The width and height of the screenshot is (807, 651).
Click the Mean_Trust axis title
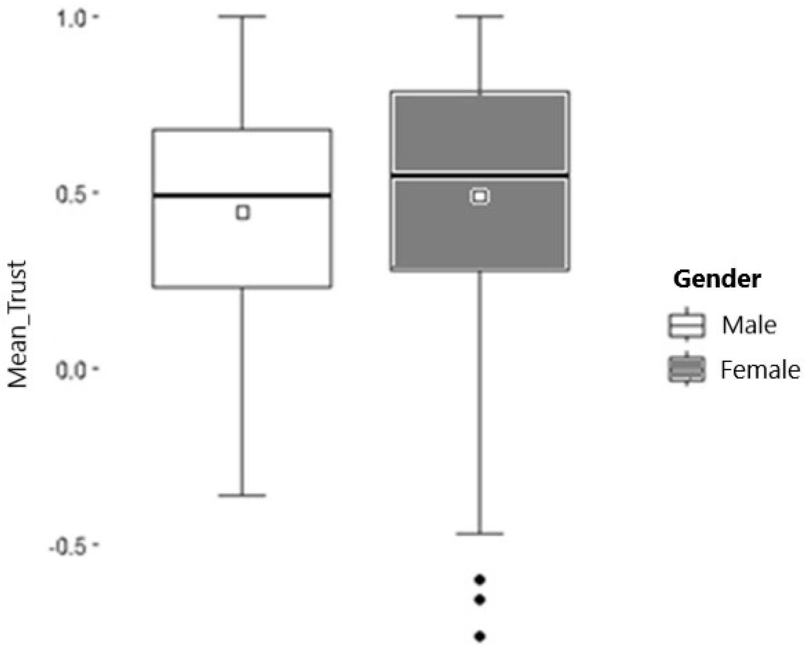tap(18, 324)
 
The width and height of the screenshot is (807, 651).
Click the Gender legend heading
tap(717, 279)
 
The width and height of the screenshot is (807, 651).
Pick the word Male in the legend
tap(749, 325)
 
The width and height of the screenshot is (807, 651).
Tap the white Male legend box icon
tap(686, 325)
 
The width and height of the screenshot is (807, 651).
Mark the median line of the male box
tap(242, 195)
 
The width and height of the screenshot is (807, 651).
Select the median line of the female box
tap(480, 176)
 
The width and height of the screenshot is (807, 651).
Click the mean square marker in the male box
tap(243, 213)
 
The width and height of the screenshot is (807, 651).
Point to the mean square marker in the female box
tap(480, 196)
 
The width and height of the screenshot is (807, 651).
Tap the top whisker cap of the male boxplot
tap(242, 17)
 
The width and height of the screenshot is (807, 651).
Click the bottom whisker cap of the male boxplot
tap(242, 495)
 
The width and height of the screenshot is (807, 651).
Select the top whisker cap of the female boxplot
tap(480, 17)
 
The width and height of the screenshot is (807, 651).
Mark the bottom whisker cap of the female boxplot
tap(480, 534)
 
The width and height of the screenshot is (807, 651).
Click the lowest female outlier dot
tap(480, 636)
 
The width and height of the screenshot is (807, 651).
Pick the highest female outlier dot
tap(480, 579)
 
